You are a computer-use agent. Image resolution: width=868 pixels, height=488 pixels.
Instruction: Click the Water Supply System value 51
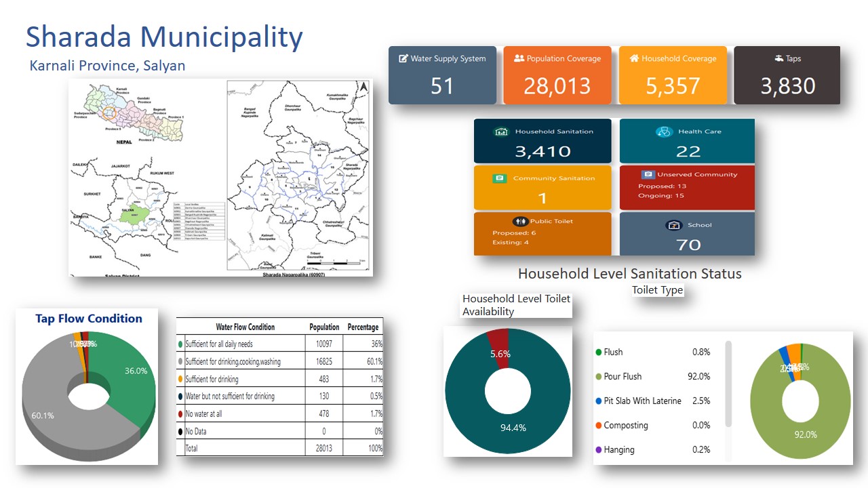click(x=441, y=86)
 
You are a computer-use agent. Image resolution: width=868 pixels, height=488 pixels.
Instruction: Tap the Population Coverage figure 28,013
click(x=556, y=86)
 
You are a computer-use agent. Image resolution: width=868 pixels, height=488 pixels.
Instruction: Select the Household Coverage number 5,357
click(x=672, y=86)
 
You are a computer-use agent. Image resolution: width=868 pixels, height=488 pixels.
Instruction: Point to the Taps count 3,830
click(x=787, y=86)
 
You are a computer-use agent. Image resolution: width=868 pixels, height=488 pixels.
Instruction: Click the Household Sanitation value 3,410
click(x=542, y=151)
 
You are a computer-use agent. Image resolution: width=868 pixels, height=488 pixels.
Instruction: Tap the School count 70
click(x=688, y=244)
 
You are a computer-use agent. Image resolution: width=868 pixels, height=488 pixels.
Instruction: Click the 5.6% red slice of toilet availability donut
click(x=499, y=340)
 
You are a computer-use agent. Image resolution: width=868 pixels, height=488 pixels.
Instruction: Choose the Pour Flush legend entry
click(x=623, y=376)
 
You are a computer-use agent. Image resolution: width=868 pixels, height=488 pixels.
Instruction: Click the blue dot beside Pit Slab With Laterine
click(x=598, y=401)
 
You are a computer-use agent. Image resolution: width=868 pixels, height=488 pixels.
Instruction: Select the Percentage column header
click(x=363, y=327)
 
